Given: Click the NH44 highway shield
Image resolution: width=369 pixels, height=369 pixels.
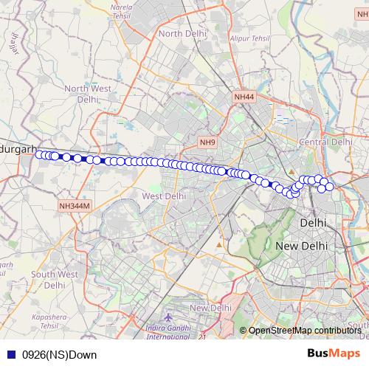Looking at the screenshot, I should [x=244, y=97].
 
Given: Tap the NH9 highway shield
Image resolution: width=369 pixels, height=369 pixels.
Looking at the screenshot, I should [x=208, y=142].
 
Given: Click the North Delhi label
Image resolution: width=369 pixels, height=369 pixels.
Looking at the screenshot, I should [x=181, y=33].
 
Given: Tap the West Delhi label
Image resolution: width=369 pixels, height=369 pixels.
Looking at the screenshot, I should [x=164, y=196].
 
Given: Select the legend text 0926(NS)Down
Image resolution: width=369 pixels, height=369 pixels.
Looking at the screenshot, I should [x=59, y=355].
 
